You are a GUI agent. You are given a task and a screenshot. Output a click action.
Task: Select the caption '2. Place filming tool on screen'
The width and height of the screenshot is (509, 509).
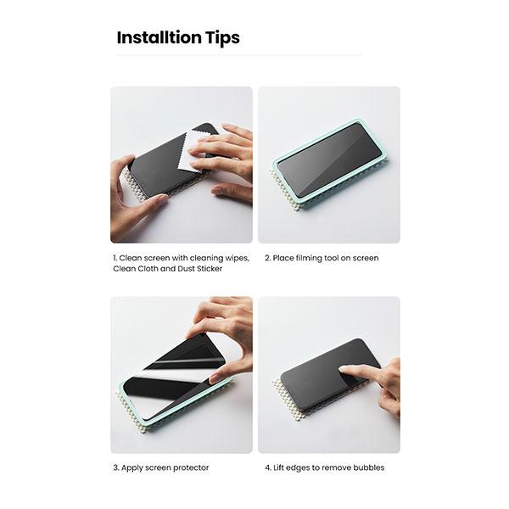[321, 258]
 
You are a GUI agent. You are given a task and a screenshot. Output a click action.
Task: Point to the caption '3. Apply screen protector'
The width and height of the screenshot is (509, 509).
[160, 467]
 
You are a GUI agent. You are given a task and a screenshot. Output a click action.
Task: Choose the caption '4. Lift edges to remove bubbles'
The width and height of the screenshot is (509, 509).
[323, 467]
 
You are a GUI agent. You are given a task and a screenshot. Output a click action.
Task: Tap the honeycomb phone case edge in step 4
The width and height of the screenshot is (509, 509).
[284, 398]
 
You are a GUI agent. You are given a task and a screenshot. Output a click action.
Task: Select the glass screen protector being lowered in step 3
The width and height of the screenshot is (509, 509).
[170, 365]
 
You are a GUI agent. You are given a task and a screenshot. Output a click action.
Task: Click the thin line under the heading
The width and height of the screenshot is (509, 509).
[238, 55]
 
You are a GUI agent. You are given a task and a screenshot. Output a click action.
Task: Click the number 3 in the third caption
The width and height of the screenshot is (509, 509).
[115, 467]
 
